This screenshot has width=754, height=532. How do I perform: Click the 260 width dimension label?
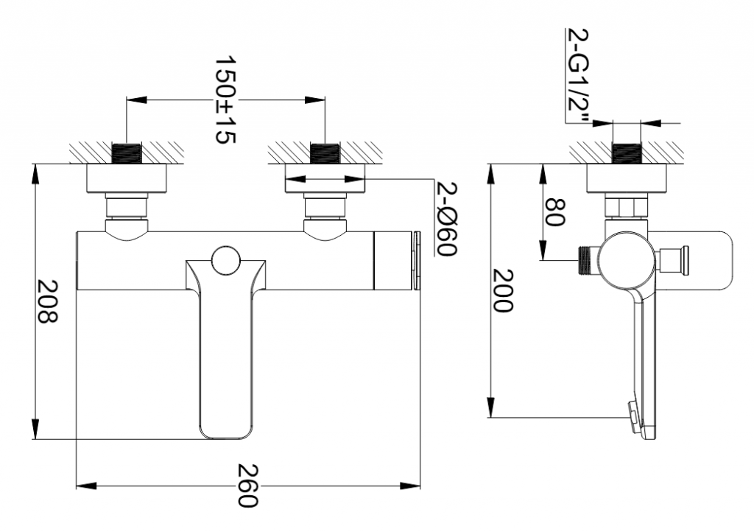coord(248,486)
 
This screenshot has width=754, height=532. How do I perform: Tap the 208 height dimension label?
coord(48,301)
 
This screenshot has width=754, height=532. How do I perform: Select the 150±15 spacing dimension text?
coord(225,99)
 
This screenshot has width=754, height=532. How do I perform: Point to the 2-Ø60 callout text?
coord(446,220)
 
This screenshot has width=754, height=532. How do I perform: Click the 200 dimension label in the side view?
coord(504,290)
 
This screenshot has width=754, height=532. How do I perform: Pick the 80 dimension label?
coord(554,212)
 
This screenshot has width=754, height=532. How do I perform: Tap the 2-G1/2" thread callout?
coord(577,76)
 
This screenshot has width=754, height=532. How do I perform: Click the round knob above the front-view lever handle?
coord(225,260)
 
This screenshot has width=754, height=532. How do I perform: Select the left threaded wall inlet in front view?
coord(126,153)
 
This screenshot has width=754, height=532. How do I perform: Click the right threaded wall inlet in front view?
coord(325,153)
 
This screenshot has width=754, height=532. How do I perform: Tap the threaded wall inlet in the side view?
coord(627,153)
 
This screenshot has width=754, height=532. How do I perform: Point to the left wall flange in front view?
coord(127,178)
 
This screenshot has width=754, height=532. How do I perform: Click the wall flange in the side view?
coord(627,178)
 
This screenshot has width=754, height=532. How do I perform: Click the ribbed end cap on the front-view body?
coord(417,261)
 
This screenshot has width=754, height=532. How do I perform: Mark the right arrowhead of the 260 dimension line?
coord(410,486)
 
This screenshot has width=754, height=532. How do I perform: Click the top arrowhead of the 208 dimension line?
coord(35,175)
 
